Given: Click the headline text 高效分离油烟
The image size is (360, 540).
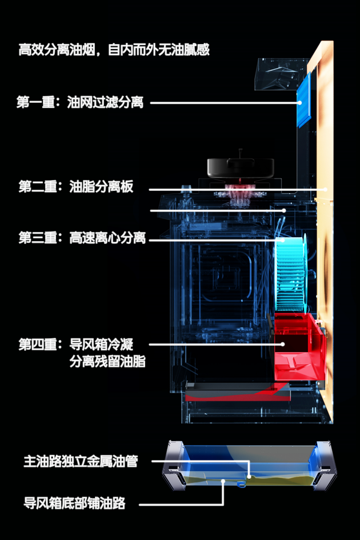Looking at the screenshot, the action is pos(57,50).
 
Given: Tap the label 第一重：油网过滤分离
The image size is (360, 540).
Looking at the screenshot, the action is pos(80,102).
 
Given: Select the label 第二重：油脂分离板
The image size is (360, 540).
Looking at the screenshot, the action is pos(76,187).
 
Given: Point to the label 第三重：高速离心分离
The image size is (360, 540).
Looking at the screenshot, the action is pos(82,238).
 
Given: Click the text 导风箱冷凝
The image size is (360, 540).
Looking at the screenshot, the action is pos(101,344).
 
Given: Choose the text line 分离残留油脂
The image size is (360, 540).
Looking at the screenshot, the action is pos(107,361).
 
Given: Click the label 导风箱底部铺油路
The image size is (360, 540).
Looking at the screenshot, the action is pos(74,503).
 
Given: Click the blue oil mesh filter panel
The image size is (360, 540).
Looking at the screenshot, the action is pos(304,100).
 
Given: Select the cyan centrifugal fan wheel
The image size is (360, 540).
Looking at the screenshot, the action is pos(290,274).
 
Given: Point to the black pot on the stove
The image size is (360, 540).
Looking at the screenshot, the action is pos(241,167).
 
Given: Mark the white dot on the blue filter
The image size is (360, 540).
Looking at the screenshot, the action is pos(300,103).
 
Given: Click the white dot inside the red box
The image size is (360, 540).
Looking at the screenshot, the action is pos(282,344).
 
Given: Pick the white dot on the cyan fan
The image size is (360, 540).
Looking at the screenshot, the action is pos(283,240).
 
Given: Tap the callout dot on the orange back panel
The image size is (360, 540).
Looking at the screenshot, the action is pos(325,189).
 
